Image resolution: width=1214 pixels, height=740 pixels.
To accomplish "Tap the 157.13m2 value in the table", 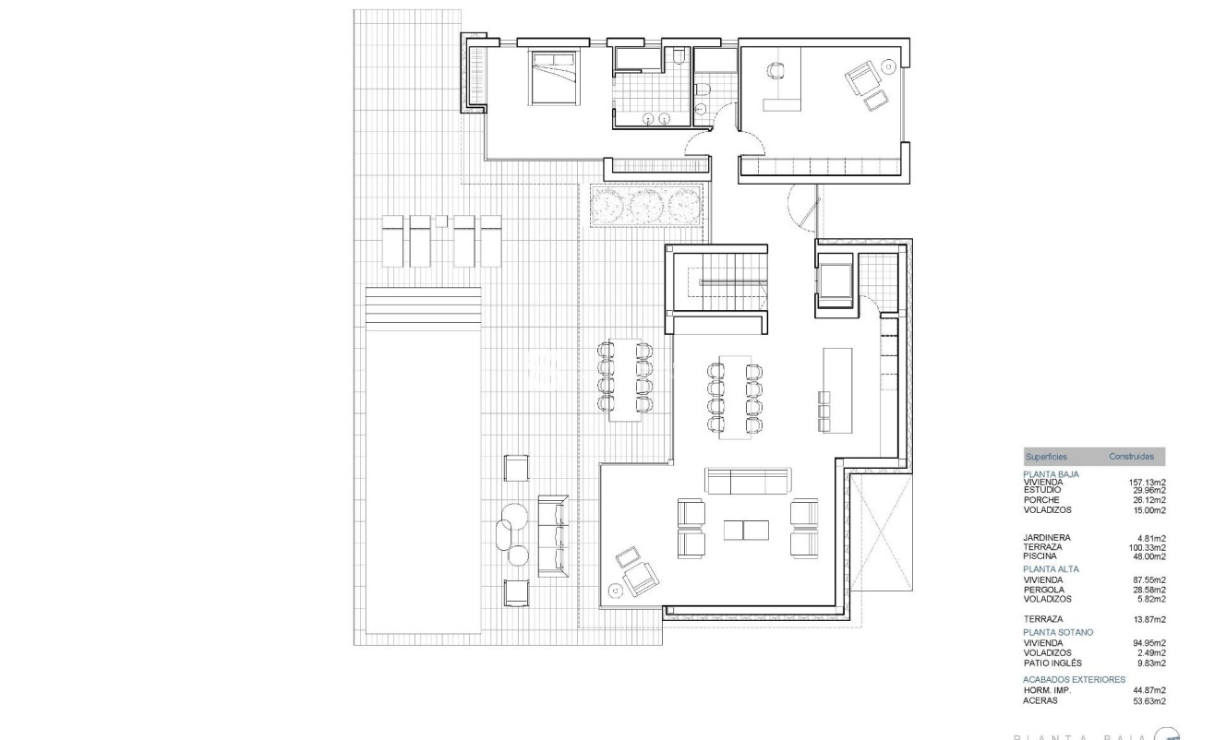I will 1147,482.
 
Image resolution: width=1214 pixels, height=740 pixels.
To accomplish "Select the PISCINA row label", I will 1040,556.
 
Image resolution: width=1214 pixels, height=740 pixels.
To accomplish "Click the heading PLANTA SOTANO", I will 1058,632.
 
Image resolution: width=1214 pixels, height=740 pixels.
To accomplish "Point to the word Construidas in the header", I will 1131,457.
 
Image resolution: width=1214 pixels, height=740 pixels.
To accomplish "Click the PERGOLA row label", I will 1043,590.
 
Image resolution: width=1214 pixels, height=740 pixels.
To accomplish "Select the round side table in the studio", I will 889,66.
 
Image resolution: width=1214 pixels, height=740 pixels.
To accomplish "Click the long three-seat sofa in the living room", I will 748,480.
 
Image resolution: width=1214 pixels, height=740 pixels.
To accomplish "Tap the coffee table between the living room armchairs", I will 746,530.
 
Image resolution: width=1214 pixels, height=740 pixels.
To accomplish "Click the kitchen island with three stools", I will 838,389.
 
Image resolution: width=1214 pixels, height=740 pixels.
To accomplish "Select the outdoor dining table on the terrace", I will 626,379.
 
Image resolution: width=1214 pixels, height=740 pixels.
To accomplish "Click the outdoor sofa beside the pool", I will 552,536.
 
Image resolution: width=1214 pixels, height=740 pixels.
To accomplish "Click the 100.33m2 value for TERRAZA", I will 1147,547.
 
